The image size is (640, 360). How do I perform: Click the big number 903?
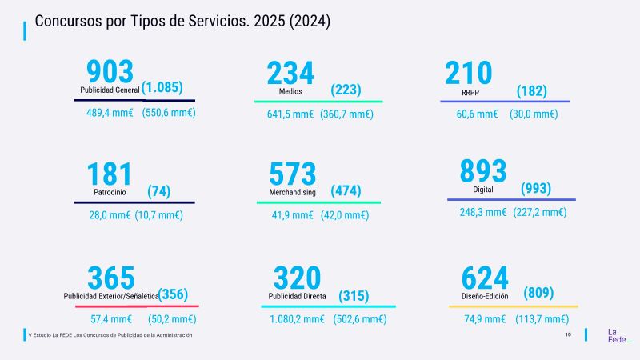[110, 73]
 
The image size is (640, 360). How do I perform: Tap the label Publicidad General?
[110, 90]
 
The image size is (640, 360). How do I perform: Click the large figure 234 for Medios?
[290, 74]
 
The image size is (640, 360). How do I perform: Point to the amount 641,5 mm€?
[290, 114]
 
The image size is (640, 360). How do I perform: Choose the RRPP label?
[470, 92]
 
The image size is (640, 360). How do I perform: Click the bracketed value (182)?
[531, 91]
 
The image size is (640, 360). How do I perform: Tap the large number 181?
[109, 174]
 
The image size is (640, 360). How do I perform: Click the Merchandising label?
[292, 193]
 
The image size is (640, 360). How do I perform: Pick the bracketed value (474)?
[346, 191]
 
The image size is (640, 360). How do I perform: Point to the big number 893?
[482, 171]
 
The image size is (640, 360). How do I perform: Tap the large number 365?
[111, 278]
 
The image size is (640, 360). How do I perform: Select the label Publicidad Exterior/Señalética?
[110, 296]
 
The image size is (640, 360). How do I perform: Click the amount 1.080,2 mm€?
[297, 318]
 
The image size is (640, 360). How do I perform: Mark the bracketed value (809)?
[538, 293]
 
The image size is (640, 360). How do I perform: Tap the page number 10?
[568, 334]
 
